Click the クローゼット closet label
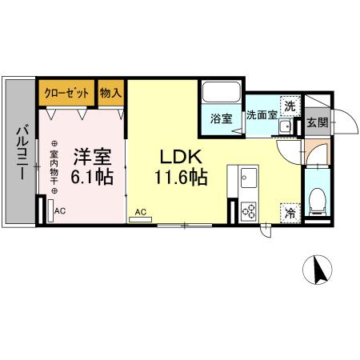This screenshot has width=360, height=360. (x=67, y=93)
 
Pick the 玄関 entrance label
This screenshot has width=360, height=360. (x=317, y=122)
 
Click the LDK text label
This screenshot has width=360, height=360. (x=181, y=156)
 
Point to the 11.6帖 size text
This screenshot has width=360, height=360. (x=182, y=177)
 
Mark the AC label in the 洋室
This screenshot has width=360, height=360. (x=60, y=211)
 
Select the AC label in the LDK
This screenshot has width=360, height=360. (x=141, y=212)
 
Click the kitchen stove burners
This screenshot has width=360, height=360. (x=247, y=211)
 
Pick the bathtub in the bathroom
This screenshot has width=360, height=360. (x=222, y=91)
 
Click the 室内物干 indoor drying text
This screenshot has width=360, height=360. (x=54, y=167)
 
